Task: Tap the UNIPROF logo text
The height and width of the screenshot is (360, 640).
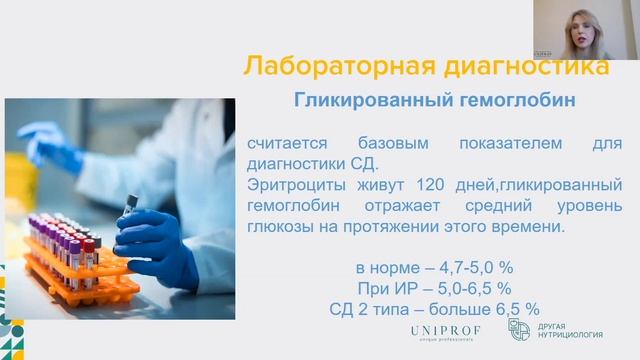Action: [x=445, y=330]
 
